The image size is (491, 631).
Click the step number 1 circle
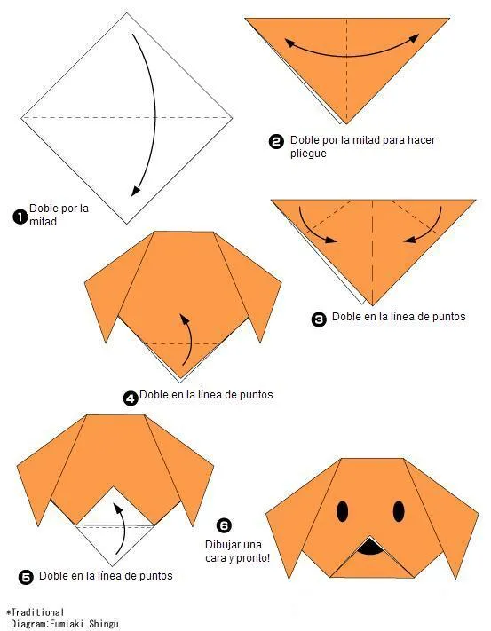point(20,215)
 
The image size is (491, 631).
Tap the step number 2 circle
point(275,141)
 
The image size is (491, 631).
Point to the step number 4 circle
point(131,398)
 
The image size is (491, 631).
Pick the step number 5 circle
point(26,578)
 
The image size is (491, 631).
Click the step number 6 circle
point(224,525)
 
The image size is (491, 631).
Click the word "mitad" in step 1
point(43,222)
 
